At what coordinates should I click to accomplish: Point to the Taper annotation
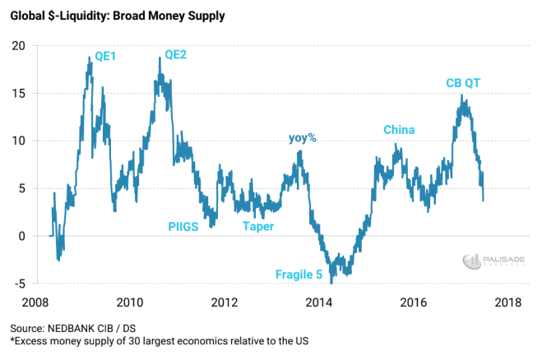257,226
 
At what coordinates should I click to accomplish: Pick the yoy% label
302,137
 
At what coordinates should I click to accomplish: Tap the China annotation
399,130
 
